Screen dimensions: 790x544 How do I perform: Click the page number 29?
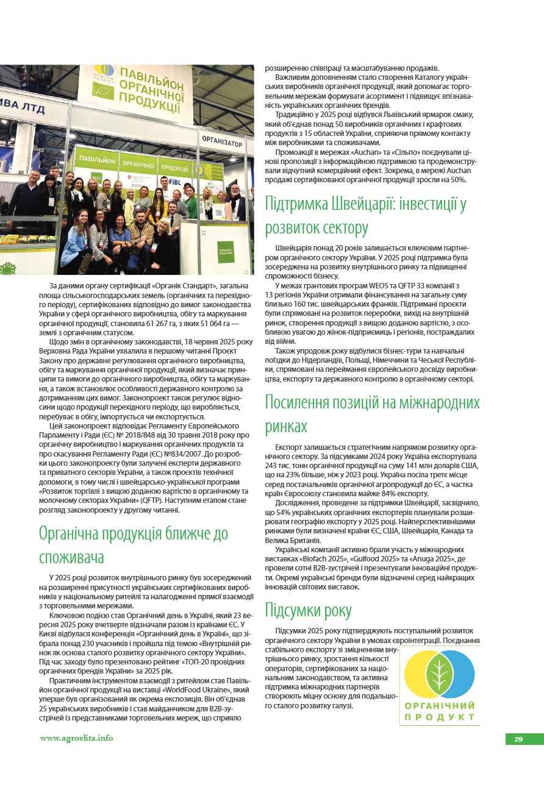pyautogui.click(x=518, y=739)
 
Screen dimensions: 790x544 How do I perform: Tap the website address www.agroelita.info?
pyautogui.click(x=76, y=738)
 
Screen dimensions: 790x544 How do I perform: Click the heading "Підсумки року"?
pyautogui.click(x=308, y=610)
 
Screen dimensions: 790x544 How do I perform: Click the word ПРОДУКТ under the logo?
pyautogui.click(x=439, y=717)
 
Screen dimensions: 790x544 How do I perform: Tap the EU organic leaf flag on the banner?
pyautogui.click(x=103, y=90)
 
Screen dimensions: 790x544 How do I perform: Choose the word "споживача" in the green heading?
pyautogui.click(x=71, y=557)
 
